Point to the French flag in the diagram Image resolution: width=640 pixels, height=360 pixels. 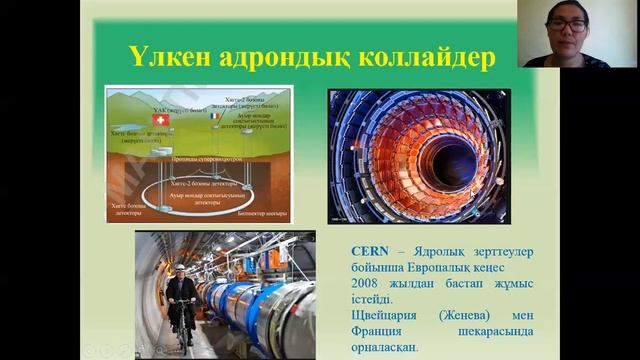[x=215, y=117]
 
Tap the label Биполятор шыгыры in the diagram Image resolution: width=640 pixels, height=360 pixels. [x=264, y=212]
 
